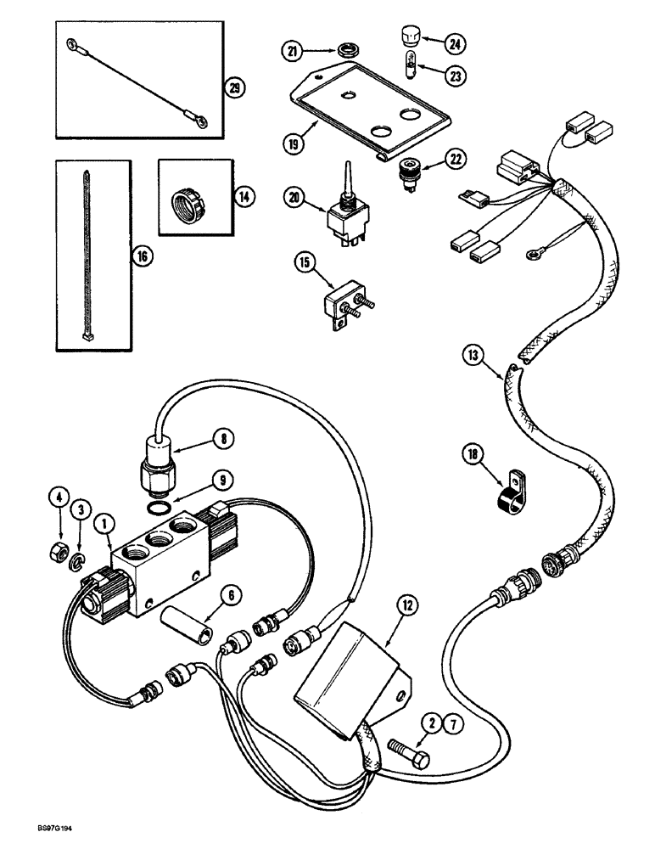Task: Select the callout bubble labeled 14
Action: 244,196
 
